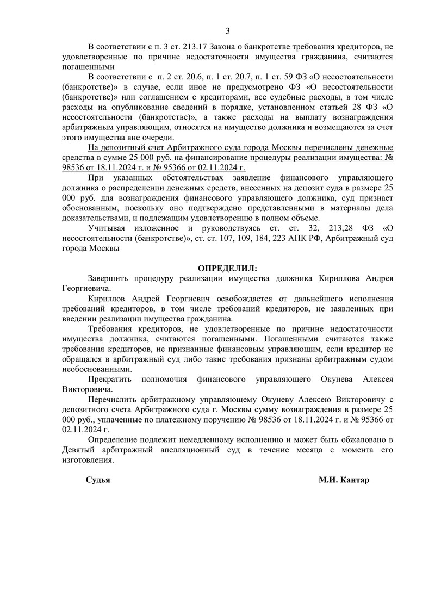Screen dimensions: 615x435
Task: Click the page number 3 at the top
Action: click(x=228, y=30)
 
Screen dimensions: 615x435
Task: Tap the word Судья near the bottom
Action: click(x=98, y=481)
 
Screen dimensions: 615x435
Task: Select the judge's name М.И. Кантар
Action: click(x=344, y=481)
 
